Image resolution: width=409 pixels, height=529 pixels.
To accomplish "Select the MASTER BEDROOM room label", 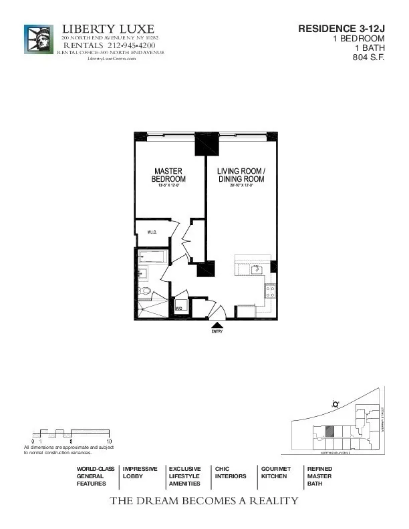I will [x=168, y=176].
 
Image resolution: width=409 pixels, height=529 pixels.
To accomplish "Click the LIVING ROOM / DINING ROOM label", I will [x=241, y=176].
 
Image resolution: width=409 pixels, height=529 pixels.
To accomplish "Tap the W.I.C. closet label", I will [x=152, y=232].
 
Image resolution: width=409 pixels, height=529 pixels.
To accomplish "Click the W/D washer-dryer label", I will [x=179, y=309].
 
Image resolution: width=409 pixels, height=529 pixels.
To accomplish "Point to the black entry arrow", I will [x=217, y=324].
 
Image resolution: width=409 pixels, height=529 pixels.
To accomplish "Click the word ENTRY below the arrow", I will [x=217, y=331].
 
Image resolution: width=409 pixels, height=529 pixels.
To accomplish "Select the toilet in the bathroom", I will [x=145, y=291].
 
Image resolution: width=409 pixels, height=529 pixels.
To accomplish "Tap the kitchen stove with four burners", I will [x=270, y=290].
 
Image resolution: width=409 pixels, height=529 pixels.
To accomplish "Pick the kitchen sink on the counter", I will [x=255, y=269].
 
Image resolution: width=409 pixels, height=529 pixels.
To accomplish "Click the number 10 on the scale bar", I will [x=108, y=441].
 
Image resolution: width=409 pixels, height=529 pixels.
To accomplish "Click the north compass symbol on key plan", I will [x=335, y=403].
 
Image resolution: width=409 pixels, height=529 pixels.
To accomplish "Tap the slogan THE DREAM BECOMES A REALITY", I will [x=204, y=501].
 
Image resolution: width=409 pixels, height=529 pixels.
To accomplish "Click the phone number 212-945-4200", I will [x=132, y=45].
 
